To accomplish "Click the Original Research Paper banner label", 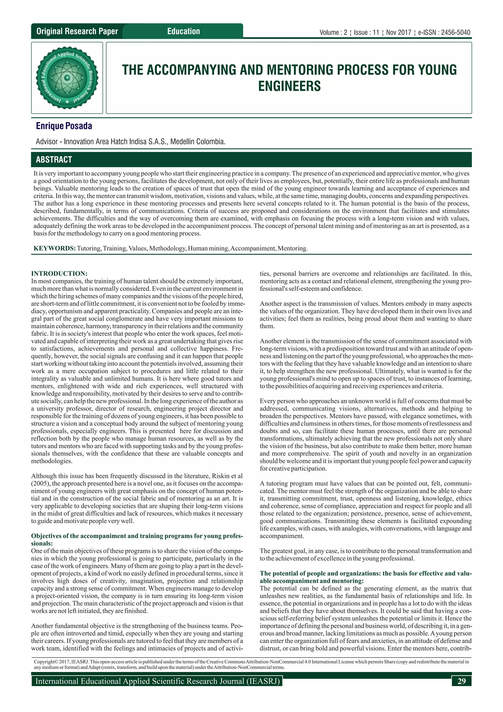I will click(77, 31).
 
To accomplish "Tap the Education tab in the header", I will click(183, 31).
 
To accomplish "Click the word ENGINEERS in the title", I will click(289, 86).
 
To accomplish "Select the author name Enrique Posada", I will click(64, 126).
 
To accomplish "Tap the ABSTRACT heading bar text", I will click(54, 160).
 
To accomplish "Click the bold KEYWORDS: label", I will click(55, 248).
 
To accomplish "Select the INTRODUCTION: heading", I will click(59, 273).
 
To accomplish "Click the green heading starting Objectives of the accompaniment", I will click(137, 536).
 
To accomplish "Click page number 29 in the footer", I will click(461, 681).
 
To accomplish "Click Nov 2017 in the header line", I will click(398, 32).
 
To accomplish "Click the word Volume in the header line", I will click(329, 32).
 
